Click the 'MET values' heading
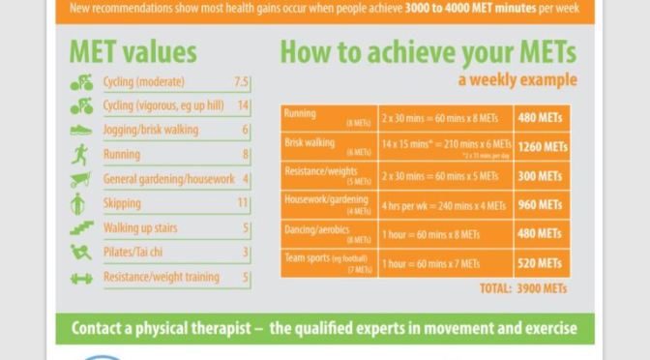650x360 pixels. tap(133, 51)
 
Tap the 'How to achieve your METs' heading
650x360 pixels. tap(428, 51)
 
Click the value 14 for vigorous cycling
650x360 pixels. tap(243, 106)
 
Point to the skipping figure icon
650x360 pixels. tap(80, 203)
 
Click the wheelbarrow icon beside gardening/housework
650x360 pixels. tap(80, 179)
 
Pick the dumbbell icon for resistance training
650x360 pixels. tap(81, 278)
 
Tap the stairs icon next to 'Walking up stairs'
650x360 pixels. tap(81, 228)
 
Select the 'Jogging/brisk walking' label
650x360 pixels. tap(150, 131)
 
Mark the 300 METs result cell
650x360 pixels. tap(541, 177)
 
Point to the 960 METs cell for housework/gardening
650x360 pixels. tap(541, 206)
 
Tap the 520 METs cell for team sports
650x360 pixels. tap(541, 264)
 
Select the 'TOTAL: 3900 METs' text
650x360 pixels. tap(522, 288)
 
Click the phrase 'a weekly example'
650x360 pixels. tap(517, 80)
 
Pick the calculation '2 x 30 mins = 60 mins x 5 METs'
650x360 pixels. tap(440, 177)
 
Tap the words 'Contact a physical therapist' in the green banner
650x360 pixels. tap(162, 328)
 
